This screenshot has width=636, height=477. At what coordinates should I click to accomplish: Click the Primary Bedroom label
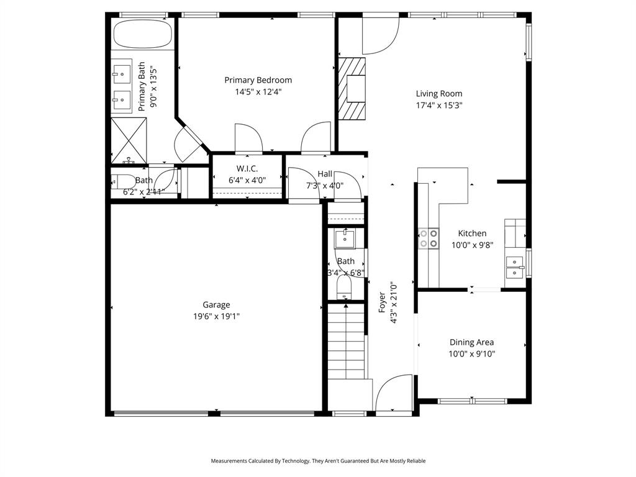coord(258,80)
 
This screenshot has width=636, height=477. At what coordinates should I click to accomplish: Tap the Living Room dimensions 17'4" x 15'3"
coord(439,106)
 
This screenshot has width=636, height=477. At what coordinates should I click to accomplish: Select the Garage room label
coord(216,304)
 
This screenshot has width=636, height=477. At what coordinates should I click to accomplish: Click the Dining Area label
coord(471,342)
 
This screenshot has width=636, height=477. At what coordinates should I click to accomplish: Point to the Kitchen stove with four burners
coord(428,238)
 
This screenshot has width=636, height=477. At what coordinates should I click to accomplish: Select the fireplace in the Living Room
coord(352,88)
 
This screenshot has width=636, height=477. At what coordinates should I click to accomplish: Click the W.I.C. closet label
coord(247,169)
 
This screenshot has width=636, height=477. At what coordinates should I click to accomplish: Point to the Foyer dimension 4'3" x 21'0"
coord(393,304)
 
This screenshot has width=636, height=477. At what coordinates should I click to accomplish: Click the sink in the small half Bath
coord(344,239)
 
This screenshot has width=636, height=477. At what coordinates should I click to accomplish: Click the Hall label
coord(325,174)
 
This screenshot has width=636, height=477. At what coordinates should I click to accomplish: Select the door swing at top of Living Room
coord(380,36)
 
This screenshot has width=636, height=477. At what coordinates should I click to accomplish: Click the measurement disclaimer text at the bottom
coord(318,461)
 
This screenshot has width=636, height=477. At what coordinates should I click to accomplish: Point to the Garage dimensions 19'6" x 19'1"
coord(216,316)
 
